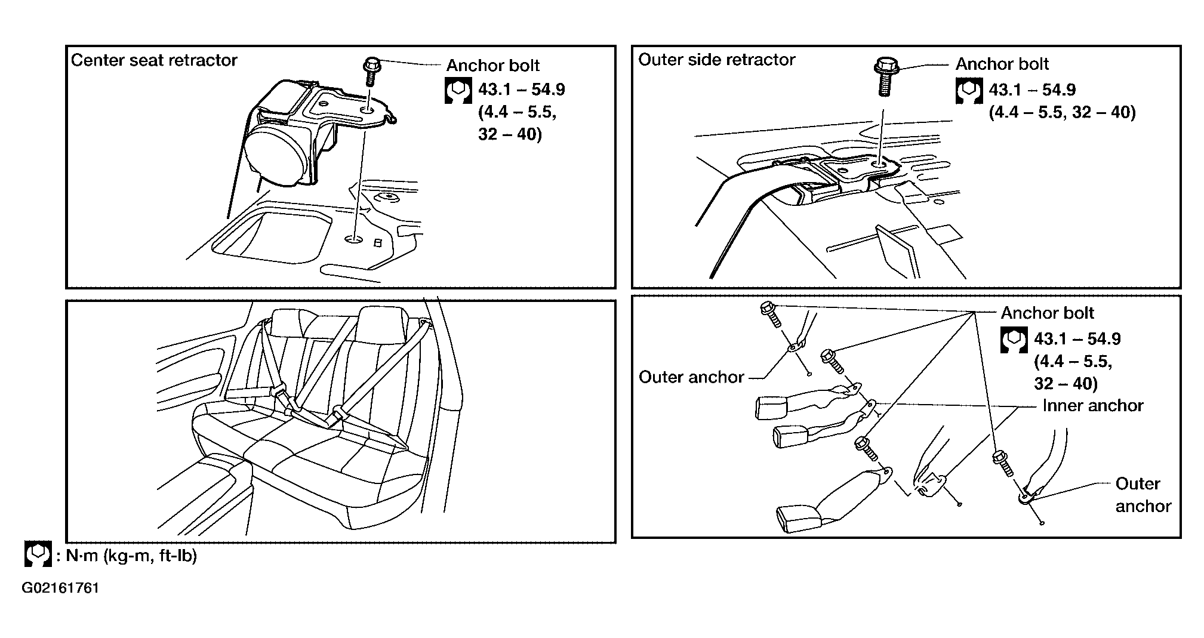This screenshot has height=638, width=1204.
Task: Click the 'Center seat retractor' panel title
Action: (x=154, y=60)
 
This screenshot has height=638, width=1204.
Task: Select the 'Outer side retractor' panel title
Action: (x=717, y=60)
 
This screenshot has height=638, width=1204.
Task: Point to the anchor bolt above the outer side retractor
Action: (x=884, y=76)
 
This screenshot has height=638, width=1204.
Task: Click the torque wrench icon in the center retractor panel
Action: (x=458, y=91)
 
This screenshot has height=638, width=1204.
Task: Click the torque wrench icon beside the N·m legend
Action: (x=38, y=554)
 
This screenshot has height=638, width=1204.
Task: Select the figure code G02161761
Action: (x=60, y=588)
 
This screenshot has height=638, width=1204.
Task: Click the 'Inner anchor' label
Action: (x=1093, y=406)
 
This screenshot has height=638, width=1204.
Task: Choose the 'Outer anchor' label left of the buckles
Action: (x=691, y=377)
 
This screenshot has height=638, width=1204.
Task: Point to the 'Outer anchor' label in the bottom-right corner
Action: (x=1143, y=495)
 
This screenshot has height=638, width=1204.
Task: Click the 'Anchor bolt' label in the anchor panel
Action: (x=1048, y=313)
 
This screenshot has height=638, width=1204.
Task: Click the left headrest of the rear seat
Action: (x=288, y=323)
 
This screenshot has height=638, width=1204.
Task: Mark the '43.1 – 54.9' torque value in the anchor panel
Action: (x=1077, y=339)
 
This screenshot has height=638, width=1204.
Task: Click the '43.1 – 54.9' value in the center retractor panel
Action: (x=522, y=90)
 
